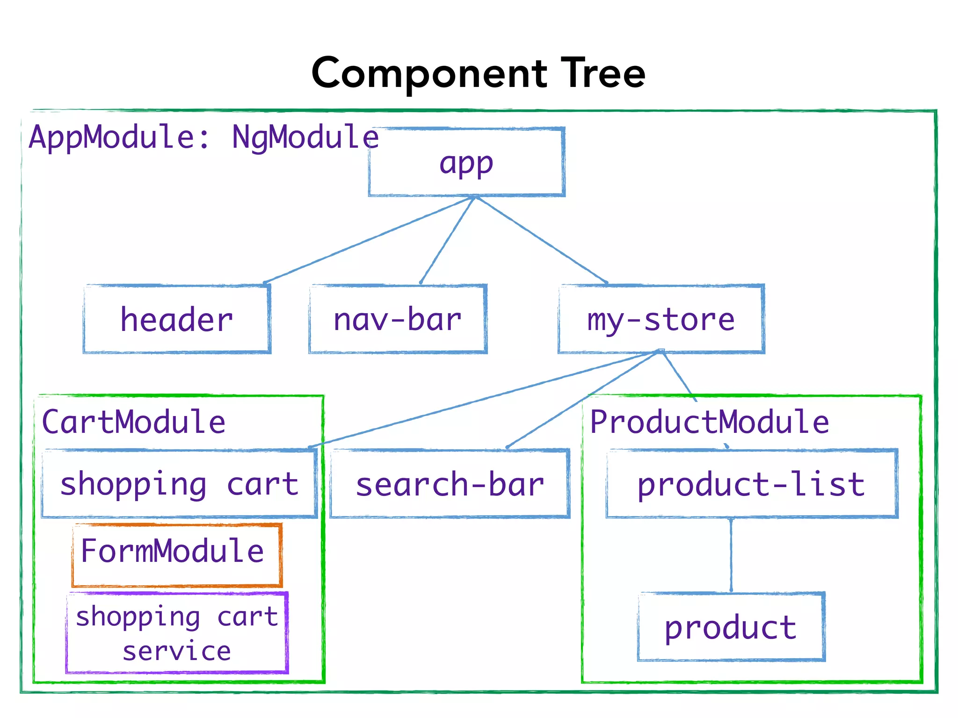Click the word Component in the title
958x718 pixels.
[x=429, y=74]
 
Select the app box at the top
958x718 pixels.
[x=466, y=162]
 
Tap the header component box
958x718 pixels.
[x=177, y=319]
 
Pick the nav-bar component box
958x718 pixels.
[x=398, y=319]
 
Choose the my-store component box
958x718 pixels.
[x=661, y=319]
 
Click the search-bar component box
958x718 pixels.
[x=450, y=484]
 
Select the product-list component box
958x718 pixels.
[x=751, y=484]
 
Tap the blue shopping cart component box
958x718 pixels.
[x=179, y=484]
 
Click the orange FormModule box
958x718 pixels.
[x=176, y=555]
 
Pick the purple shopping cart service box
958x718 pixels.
[x=177, y=633]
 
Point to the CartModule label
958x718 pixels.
[x=134, y=422]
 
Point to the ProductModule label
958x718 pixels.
[x=709, y=422]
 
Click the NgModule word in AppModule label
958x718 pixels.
[x=305, y=137]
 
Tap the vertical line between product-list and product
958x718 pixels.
[x=731, y=555]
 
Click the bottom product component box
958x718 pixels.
[x=731, y=627]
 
